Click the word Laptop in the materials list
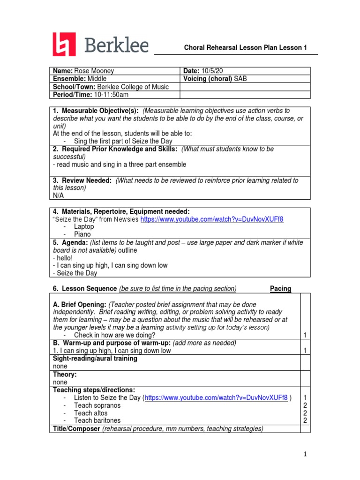click(x=84, y=226)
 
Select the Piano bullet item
click(x=82, y=234)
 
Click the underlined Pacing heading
click(x=281, y=289)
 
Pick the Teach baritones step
click(x=97, y=420)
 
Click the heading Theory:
click(x=65, y=375)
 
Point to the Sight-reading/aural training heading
click(x=95, y=359)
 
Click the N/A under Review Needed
click(x=58, y=195)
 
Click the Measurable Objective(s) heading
click(x=96, y=111)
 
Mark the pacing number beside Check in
click(x=305, y=335)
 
